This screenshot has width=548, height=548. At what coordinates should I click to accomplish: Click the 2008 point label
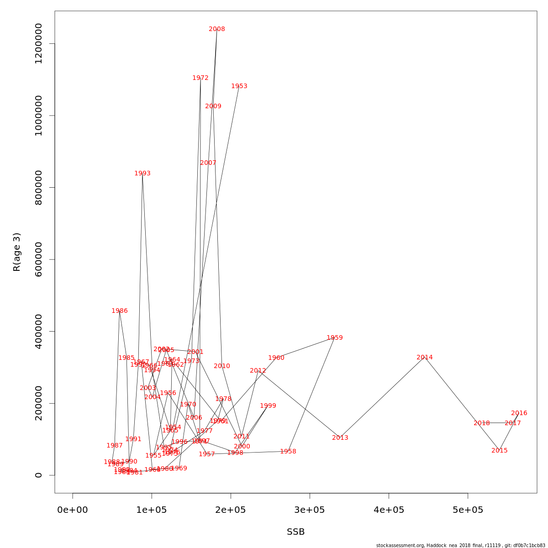click(x=217, y=29)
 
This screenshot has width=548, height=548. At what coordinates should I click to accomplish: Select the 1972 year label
click(x=200, y=78)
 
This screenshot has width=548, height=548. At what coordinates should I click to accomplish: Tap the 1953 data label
click(x=239, y=86)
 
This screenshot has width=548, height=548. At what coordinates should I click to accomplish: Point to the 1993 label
click(x=142, y=174)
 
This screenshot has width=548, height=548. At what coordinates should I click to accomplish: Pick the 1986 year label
click(x=120, y=311)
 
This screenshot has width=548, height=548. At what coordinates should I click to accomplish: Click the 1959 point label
click(x=335, y=338)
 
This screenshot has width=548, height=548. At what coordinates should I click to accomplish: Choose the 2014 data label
click(x=425, y=358)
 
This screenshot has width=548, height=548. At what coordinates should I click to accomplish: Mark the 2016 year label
click(x=519, y=413)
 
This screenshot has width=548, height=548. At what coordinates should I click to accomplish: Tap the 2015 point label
click(x=500, y=451)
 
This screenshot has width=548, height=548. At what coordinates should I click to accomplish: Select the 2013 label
click(x=340, y=438)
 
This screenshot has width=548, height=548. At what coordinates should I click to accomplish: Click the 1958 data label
click(x=288, y=452)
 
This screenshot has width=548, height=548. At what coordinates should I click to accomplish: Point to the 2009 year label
click(x=213, y=106)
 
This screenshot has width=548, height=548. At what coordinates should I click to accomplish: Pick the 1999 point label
click(x=268, y=406)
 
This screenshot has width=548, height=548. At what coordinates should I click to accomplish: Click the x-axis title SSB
click(x=296, y=532)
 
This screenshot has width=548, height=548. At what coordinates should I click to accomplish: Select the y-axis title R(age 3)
click(x=17, y=252)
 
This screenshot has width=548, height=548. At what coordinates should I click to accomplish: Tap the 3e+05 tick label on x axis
click(x=310, y=510)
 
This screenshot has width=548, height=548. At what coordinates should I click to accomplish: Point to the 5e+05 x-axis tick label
click(x=468, y=510)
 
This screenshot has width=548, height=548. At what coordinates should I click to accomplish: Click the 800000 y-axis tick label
click(x=39, y=188)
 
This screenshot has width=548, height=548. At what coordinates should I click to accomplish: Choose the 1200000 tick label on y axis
click(x=39, y=44)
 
